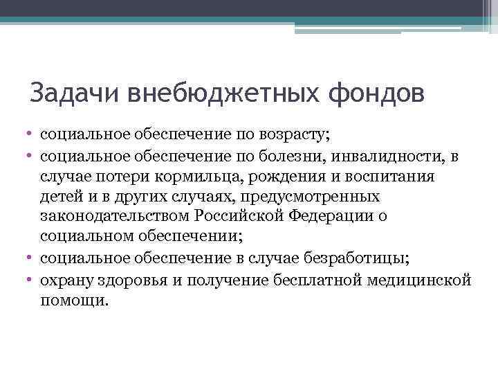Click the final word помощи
tap(74, 301)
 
